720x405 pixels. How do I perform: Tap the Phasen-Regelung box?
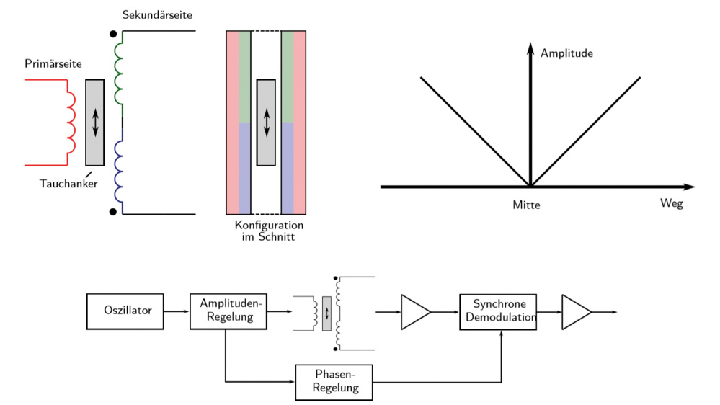click(x=334, y=382)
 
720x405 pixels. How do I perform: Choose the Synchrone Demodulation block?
click(x=499, y=311)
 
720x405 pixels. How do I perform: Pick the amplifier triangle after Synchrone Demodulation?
click(x=575, y=312)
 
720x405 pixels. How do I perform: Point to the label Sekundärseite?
click(x=157, y=14)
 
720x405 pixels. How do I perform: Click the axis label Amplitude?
click(x=566, y=53)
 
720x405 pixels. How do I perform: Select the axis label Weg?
click(x=671, y=203)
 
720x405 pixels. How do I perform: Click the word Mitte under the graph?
click(x=526, y=205)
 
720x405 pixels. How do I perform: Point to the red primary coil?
click(x=71, y=122)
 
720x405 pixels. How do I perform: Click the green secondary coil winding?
click(x=119, y=72)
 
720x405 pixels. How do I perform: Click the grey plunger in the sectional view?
click(x=266, y=122)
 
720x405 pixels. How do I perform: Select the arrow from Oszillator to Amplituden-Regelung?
click(x=177, y=311)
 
